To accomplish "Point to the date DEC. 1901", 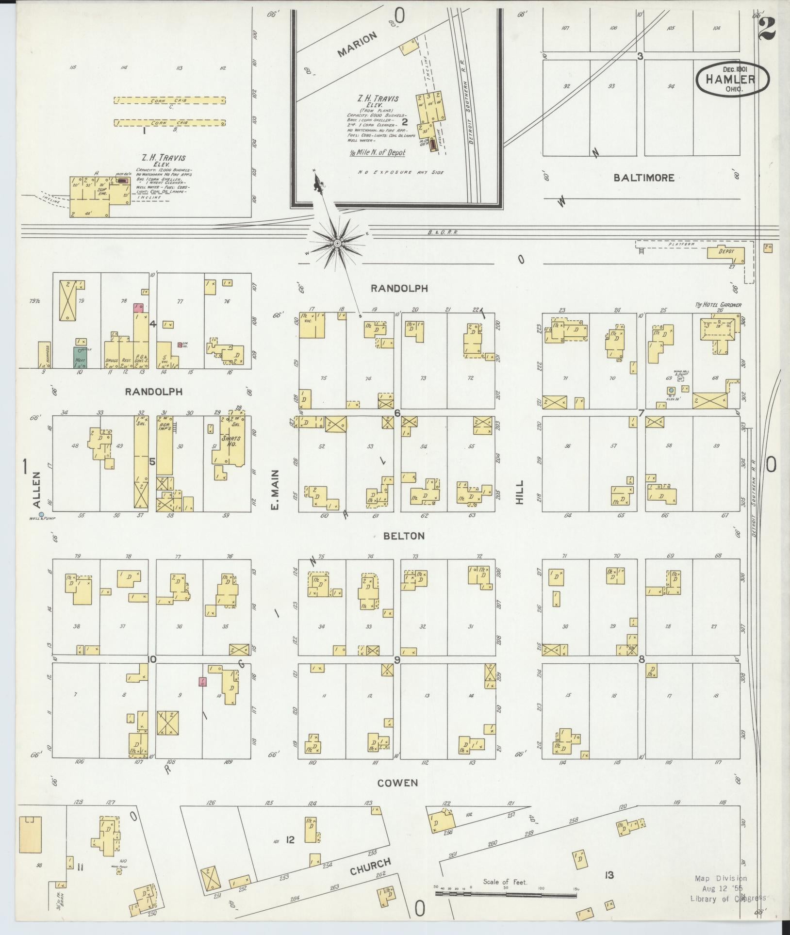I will point(732,69).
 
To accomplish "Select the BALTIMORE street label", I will point(643,178).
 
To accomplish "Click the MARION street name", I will point(358,45).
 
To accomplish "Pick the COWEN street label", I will point(397,783).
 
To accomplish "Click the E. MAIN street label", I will point(275,490).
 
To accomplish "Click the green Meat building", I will point(80,358).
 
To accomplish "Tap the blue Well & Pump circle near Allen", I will point(41,514).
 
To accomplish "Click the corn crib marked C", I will point(169,100).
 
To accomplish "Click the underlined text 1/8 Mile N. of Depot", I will point(378,152).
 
